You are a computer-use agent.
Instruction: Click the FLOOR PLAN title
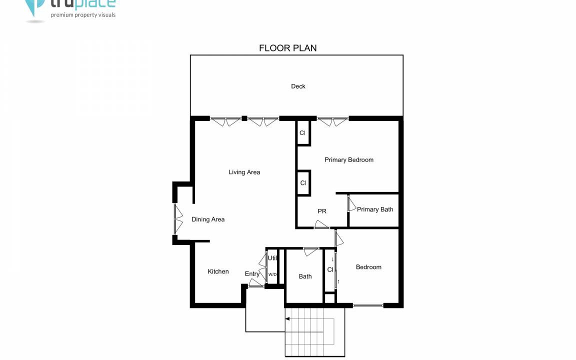click(x=287, y=48)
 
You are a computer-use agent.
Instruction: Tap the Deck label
click(x=298, y=86)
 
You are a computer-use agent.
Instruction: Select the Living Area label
click(x=244, y=172)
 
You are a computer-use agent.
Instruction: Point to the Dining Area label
click(x=208, y=219)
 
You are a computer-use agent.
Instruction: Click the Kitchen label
click(x=218, y=271)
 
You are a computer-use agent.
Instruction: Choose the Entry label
click(x=252, y=274)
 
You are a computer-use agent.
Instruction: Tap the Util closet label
click(x=272, y=258)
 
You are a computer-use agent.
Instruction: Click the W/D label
click(x=272, y=274)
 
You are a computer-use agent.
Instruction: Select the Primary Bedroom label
click(x=348, y=160)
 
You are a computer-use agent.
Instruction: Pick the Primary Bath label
click(x=375, y=209)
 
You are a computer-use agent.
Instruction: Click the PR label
click(x=322, y=211)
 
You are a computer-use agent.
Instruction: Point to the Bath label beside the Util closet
click(x=305, y=276)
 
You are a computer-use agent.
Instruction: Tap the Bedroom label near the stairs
click(x=368, y=267)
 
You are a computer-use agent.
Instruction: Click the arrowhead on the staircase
click(x=287, y=319)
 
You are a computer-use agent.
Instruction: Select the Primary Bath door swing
click(x=352, y=204)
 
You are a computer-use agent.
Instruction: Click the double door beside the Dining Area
click(x=178, y=219)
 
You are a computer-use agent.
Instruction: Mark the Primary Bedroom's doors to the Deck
click(x=333, y=121)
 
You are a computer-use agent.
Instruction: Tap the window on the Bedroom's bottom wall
click(x=368, y=305)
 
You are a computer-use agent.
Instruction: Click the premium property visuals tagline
click(x=83, y=15)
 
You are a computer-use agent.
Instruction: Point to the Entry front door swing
click(x=255, y=283)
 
